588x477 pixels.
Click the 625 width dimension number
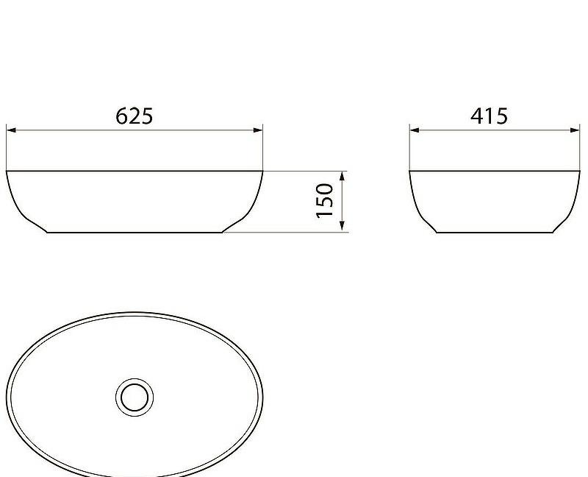(x=135, y=116)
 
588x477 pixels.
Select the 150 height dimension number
(x=325, y=200)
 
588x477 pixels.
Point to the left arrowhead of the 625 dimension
(x=11, y=130)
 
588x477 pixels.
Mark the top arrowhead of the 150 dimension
(x=342, y=176)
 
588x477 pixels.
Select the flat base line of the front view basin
(x=135, y=232)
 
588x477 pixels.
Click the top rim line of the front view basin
(x=135, y=171)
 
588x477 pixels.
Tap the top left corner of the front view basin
(x=7, y=172)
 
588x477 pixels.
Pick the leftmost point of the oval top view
(x=7, y=394)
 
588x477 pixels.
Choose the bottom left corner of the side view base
(x=437, y=232)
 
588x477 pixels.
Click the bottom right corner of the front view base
(x=222, y=232)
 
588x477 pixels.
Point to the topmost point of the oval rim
(x=135, y=311)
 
